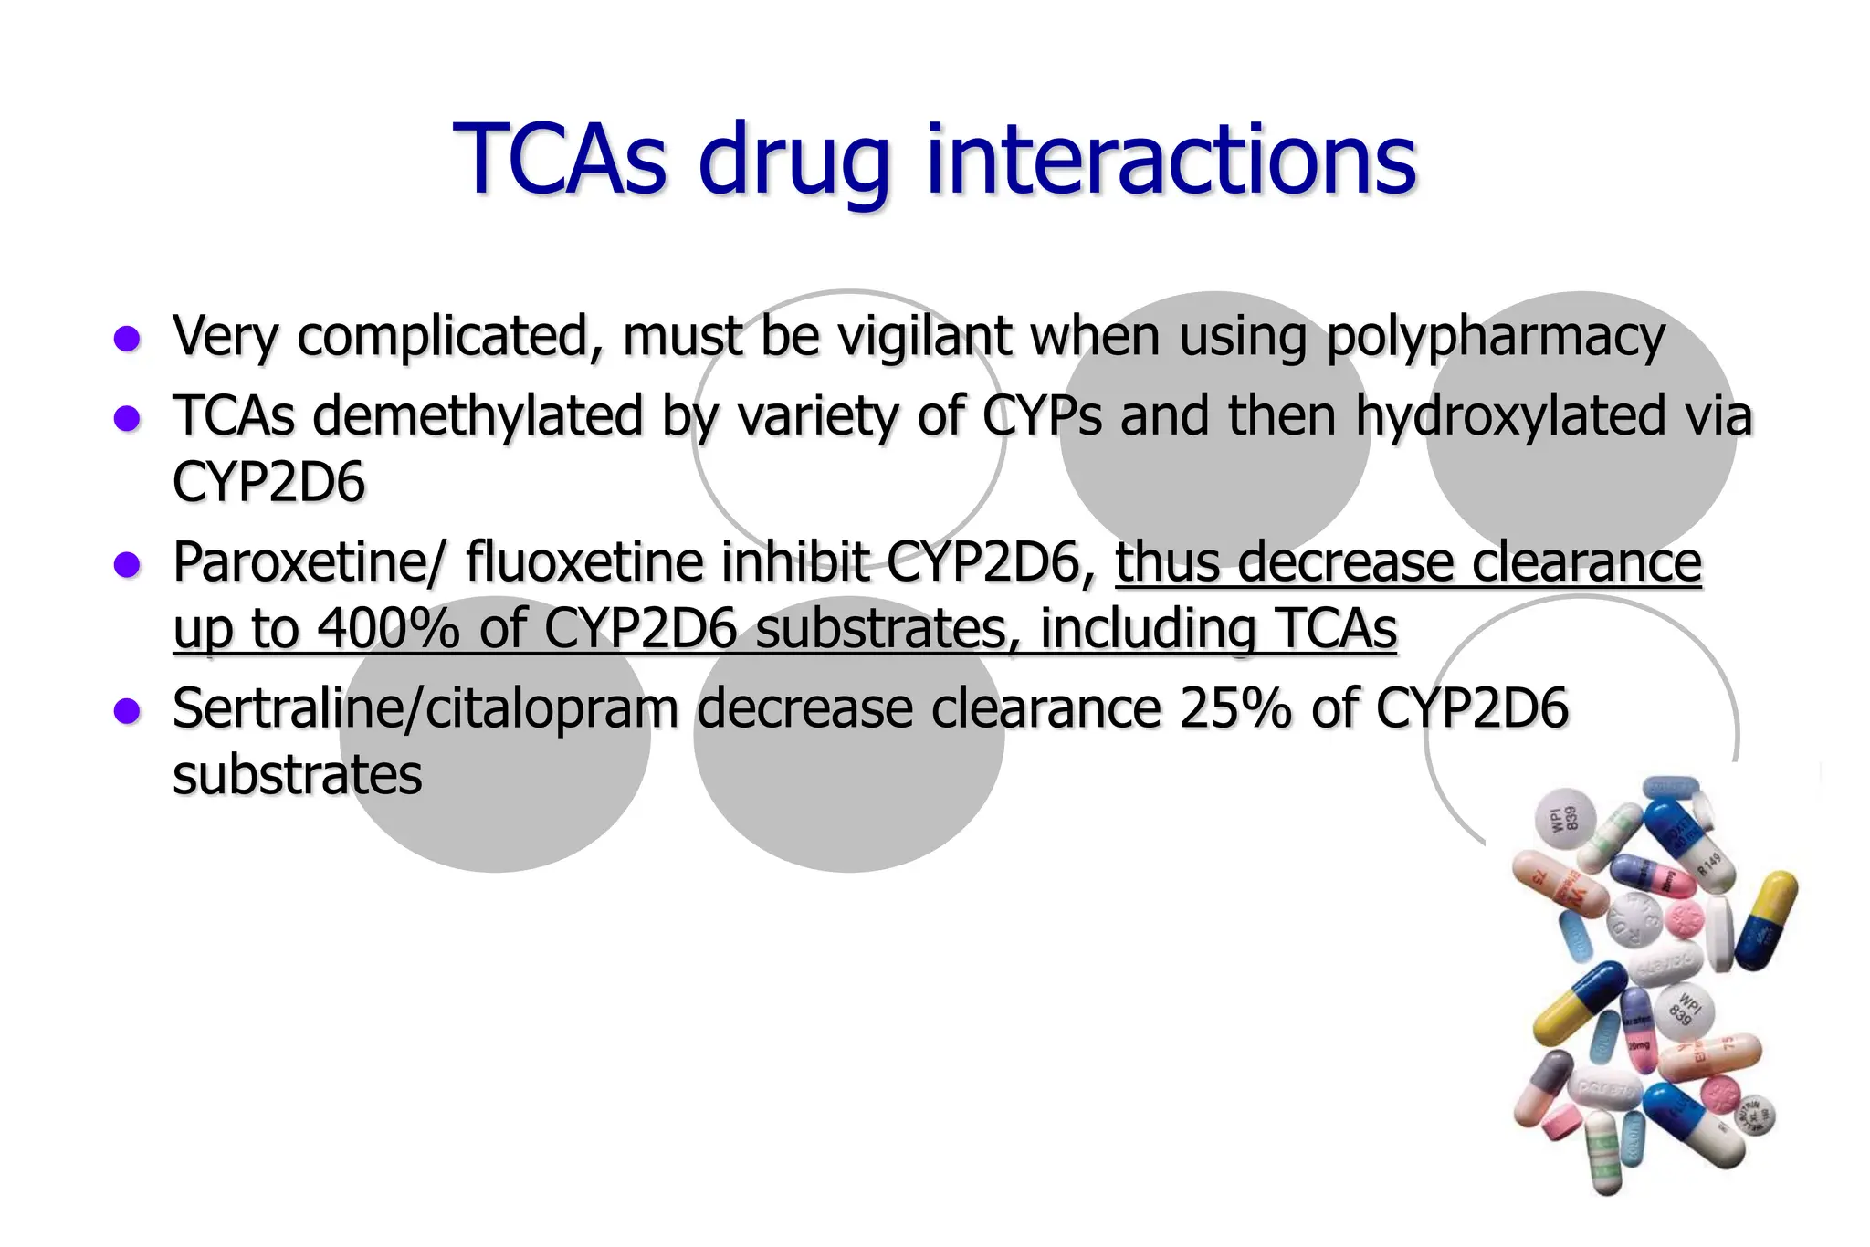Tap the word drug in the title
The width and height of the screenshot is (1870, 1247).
pos(793,164)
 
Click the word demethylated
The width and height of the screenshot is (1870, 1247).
pos(478,416)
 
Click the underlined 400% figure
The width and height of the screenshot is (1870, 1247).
pos(388,629)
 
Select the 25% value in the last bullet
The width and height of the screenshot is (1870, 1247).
pos(1234,708)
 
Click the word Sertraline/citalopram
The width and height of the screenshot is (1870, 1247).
pos(425,710)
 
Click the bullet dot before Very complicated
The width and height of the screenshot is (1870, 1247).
pos(127,339)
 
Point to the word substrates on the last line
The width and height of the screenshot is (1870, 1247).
pos(298,776)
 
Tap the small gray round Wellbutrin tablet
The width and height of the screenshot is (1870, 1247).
pos(1749,1115)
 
